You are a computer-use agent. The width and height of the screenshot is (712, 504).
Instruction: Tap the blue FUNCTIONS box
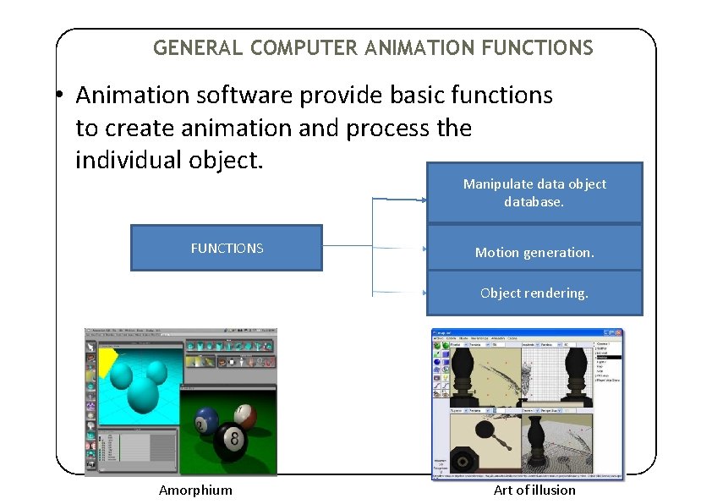[x=227, y=248]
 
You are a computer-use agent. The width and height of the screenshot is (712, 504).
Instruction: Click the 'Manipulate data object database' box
[x=534, y=193]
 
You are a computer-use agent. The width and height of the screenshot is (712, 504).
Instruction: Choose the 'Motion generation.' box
[x=534, y=252]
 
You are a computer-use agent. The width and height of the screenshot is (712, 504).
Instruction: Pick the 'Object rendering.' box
[x=534, y=293]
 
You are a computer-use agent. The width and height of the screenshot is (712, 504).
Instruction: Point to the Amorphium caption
[x=195, y=490]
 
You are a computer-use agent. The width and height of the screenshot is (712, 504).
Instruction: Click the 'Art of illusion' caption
[x=534, y=490]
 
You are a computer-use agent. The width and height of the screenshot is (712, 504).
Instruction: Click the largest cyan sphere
[x=139, y=397]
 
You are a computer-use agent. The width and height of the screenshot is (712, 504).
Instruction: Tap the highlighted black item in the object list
[x=608, y=357]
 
